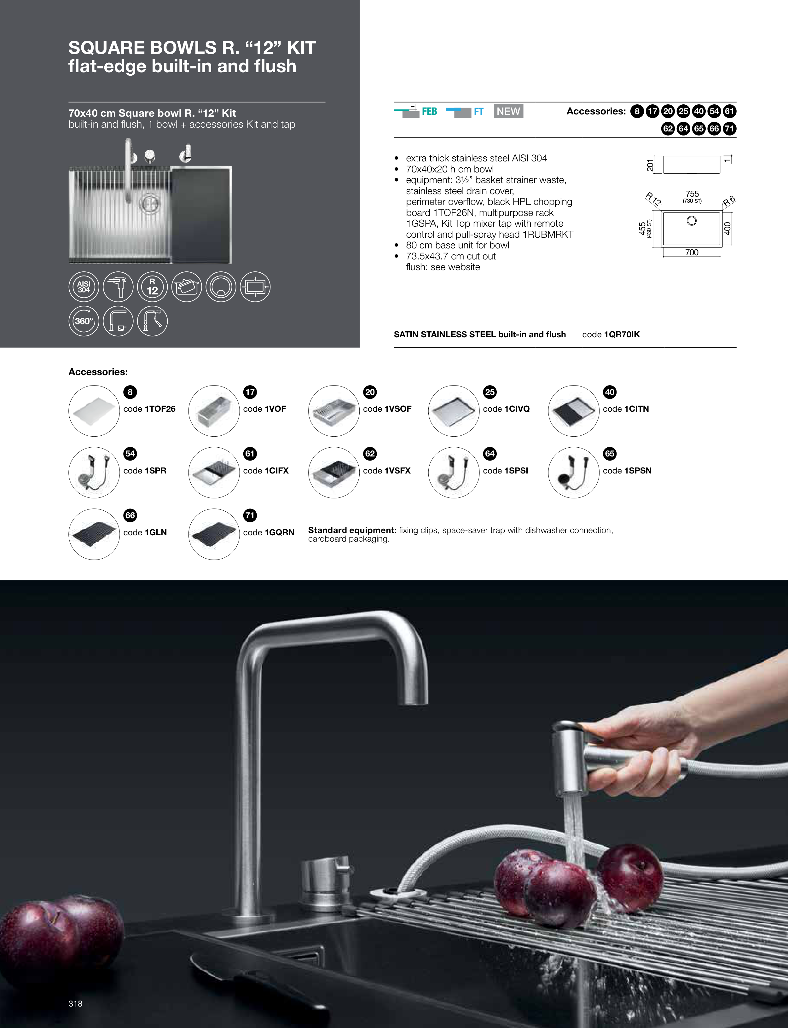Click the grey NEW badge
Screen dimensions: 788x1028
[508, 111]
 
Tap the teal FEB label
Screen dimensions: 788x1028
[429, 112]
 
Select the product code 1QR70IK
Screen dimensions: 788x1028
[622, 334]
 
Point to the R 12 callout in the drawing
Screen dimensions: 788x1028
[653, 199]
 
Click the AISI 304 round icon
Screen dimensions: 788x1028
[84, 287]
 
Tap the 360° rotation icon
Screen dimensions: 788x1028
[84, 321]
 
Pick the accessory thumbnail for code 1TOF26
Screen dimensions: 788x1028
[94, 411]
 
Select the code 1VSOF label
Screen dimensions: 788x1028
[387, 409]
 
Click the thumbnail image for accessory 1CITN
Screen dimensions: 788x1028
[574, 411]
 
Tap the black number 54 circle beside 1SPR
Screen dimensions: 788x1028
[130, 454]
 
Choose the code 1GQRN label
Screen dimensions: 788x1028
[269, 532]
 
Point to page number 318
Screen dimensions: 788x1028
[76, 1004]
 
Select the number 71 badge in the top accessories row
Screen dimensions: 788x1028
[729, 129]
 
